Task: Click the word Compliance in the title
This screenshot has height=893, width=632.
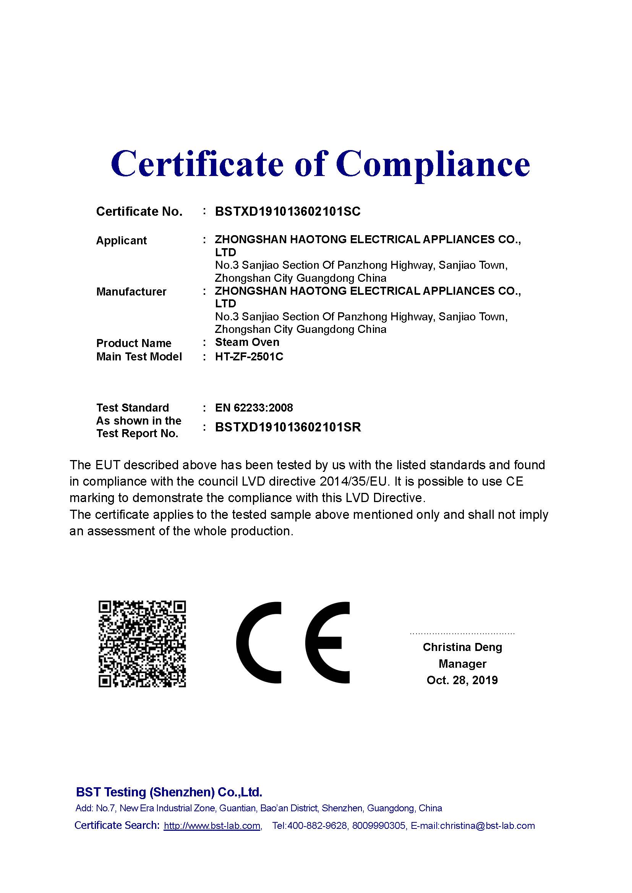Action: coord(433,164)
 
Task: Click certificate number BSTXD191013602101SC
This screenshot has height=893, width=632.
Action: coord(288,212)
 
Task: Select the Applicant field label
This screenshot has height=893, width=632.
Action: coord(122,241)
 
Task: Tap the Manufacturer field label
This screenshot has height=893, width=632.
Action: coord(131,292)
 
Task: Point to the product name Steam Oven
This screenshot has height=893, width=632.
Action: coord(247,342)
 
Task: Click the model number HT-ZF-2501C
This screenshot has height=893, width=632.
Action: coord(249,357)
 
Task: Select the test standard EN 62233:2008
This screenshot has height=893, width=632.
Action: coord(254,408)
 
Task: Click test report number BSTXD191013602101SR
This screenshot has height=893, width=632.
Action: coord(288,427)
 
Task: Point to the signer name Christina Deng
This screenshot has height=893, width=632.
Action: coord(462,647)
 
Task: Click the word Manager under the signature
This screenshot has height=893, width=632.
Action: coord(462,664)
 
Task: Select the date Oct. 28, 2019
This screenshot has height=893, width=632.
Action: coord(462,680)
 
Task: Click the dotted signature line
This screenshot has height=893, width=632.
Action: coord(462,633)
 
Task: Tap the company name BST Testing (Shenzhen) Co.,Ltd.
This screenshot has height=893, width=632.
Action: coord(169,792)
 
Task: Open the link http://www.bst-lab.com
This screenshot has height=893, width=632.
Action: coord(212,826)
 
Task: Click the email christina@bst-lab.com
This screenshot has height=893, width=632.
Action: coord(487,826)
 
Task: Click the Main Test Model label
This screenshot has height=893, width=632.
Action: coord(139,357)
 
